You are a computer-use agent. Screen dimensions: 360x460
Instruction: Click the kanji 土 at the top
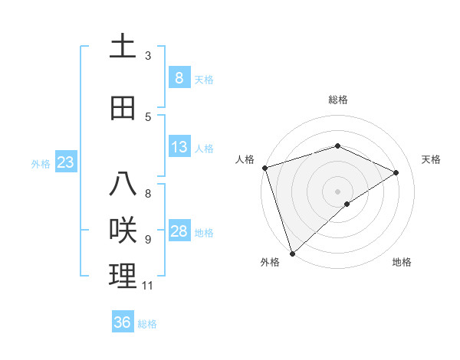[122, 47]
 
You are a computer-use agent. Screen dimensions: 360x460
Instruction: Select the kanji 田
[122, 108]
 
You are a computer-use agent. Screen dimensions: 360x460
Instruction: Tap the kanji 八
[122, 185]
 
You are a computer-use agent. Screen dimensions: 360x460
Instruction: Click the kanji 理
[122, 276]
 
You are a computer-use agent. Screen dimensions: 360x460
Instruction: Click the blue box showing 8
[179, 77]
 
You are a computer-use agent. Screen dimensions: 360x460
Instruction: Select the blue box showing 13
[179, 147]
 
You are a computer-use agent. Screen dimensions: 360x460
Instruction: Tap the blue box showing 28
[179, 231]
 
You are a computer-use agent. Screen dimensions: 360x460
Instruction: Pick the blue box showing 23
[65, 162]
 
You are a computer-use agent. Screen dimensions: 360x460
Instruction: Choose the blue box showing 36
[122, 322]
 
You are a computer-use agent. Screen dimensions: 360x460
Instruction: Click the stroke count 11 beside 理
[147, 286]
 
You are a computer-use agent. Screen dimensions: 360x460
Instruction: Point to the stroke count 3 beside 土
[148, 56]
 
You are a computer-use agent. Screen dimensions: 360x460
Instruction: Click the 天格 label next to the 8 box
[204, 79]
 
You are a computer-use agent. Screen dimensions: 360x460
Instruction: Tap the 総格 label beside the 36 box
[147, 324]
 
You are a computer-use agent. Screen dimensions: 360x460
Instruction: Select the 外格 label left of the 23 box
[40, 163]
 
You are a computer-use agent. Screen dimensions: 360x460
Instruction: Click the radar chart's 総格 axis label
[338, 100]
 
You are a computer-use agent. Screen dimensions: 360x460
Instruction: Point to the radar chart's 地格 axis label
[402, 263]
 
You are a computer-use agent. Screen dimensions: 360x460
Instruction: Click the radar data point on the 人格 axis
[264, 168]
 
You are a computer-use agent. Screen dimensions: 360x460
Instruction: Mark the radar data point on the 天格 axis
[396, 172]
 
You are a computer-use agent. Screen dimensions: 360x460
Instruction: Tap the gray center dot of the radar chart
[337, 191]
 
